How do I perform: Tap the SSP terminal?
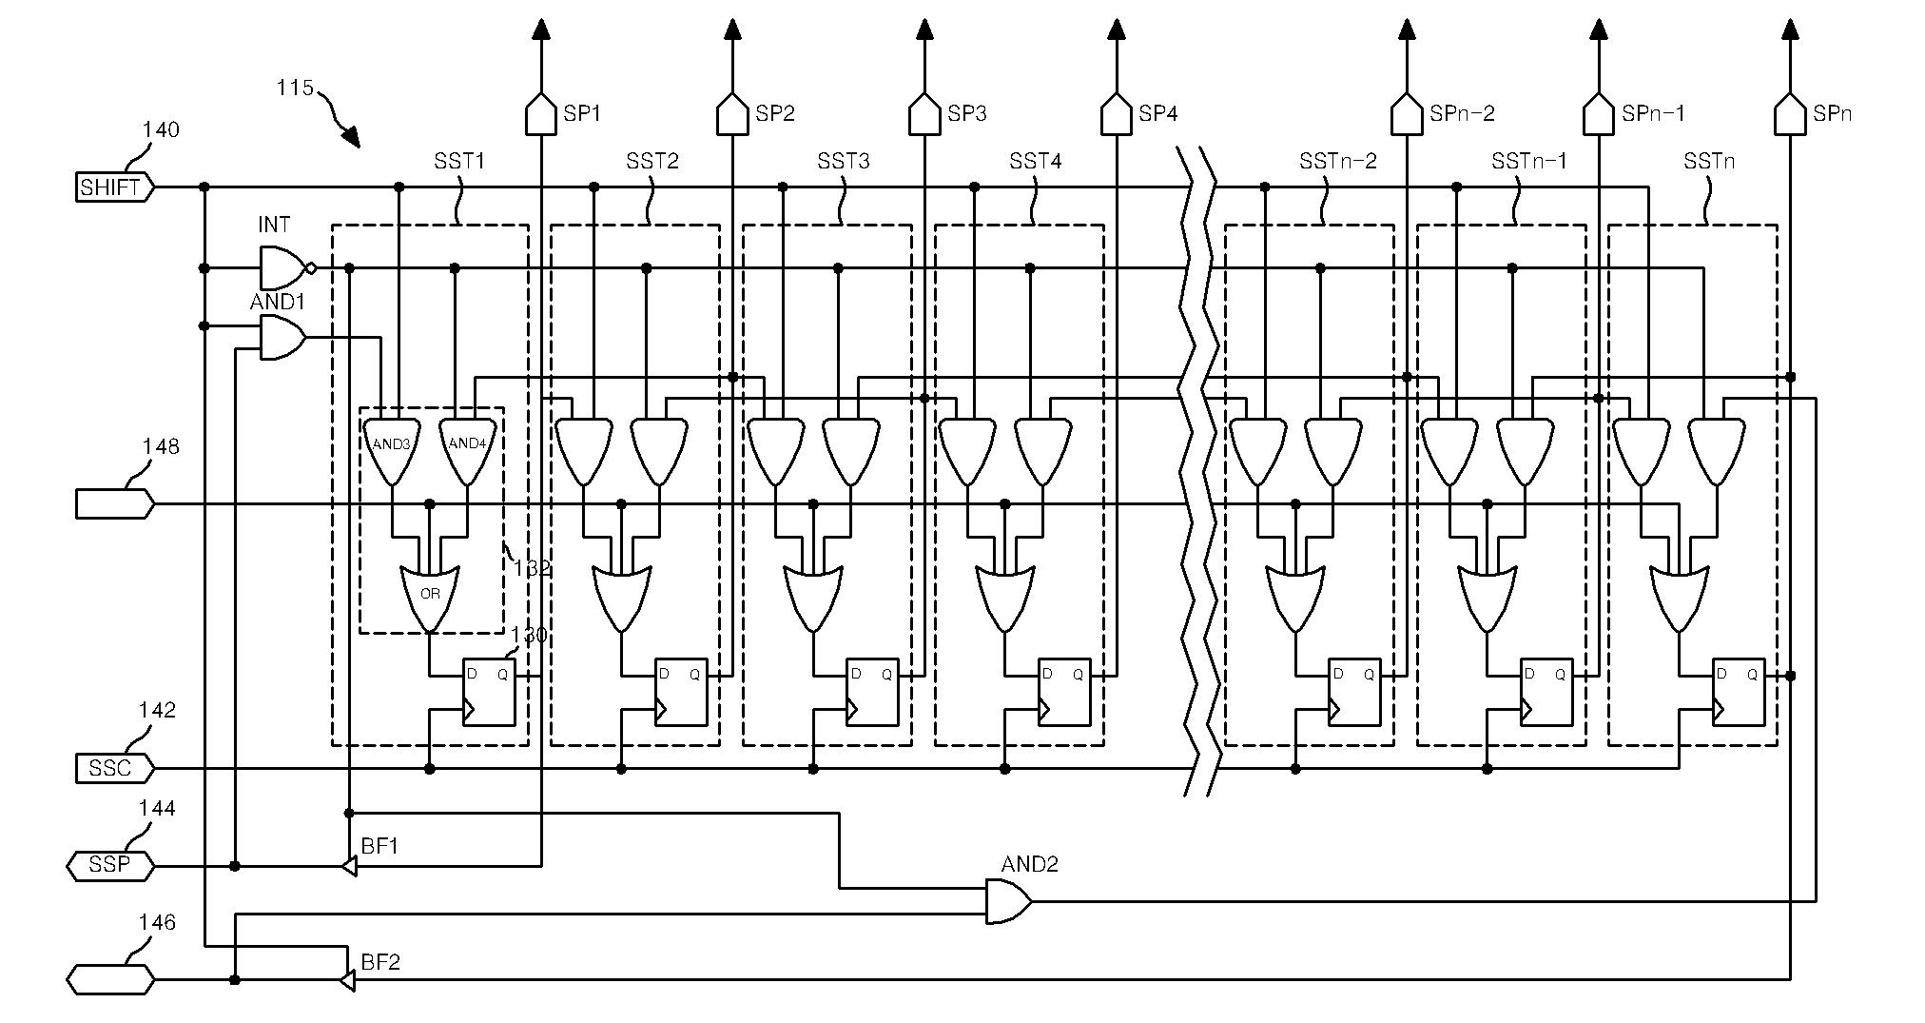pos(110,865)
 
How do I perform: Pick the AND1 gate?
pos(282,338)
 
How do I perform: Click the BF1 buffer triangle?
pos(349,866)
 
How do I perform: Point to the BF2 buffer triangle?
pos(348,980)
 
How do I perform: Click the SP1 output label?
pos(582,114)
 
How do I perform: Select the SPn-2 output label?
pos(1462,114)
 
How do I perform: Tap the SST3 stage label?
pos(843,161)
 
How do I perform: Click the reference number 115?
pos(295,88)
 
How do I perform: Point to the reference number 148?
pos(161,446)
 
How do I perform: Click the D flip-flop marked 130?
pos(489,692)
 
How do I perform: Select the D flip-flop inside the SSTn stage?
pos(1739,692)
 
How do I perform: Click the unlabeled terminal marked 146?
pos(110,979)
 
